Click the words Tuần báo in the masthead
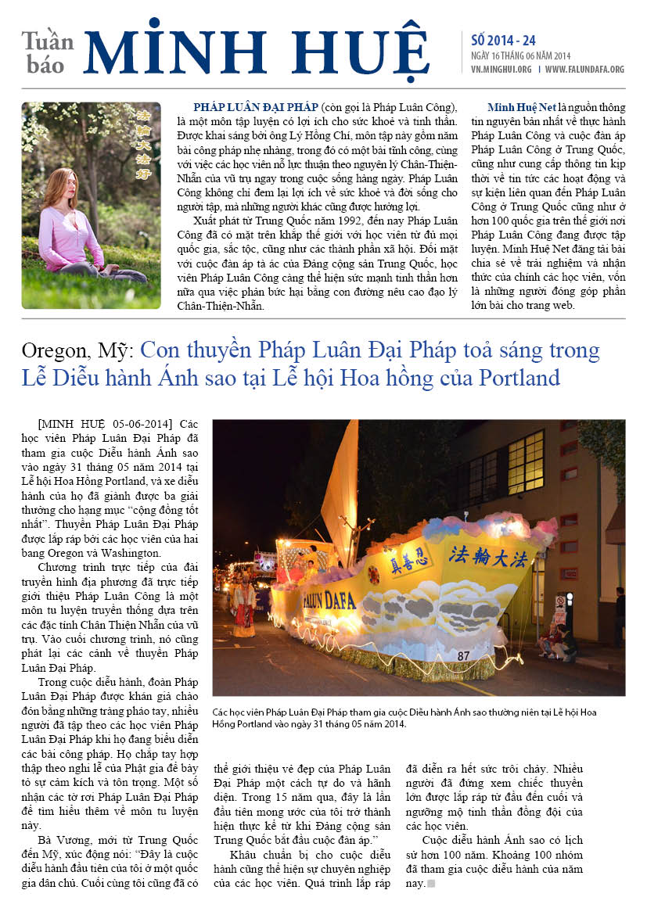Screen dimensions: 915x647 click(x=48, y=53)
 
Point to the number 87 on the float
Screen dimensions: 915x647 click(x=463, y=655)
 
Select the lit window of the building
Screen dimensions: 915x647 click(x=525, y=461)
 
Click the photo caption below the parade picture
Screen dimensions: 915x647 click(x=404, y=718)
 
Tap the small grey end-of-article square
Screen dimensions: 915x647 click(x=430, y=884)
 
